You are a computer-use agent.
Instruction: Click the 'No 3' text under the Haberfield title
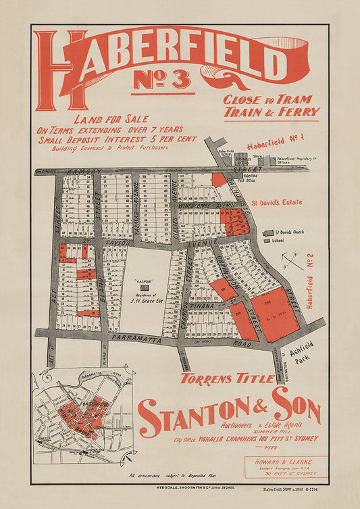pos(162,80)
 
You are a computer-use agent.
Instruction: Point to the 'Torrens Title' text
pos(227,379)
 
